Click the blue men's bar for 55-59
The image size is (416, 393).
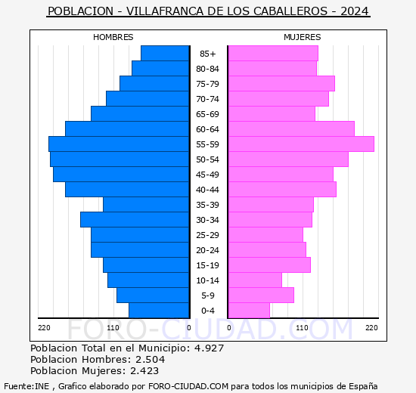click(119, 144)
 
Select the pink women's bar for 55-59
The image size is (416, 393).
click(300, 144)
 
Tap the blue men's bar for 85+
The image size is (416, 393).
click(165, 54)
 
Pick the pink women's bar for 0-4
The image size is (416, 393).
click(248, 311)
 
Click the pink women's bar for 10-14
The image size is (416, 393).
click(254, 280)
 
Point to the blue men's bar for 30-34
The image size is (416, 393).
click(135, 220)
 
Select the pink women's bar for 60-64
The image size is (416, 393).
click(290, 129)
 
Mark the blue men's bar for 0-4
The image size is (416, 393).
click(159, 311)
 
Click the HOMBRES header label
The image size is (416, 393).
click(113, 37)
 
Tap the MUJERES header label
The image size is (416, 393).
click(302, 37)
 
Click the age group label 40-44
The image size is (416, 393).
click(207, 190)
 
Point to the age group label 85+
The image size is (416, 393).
click(207, 54)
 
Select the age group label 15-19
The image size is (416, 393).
click(207, 265)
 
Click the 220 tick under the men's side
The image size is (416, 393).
click(44, 327)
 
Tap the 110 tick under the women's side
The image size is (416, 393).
click(303, 327)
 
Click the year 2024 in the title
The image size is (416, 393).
click(354, 11)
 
